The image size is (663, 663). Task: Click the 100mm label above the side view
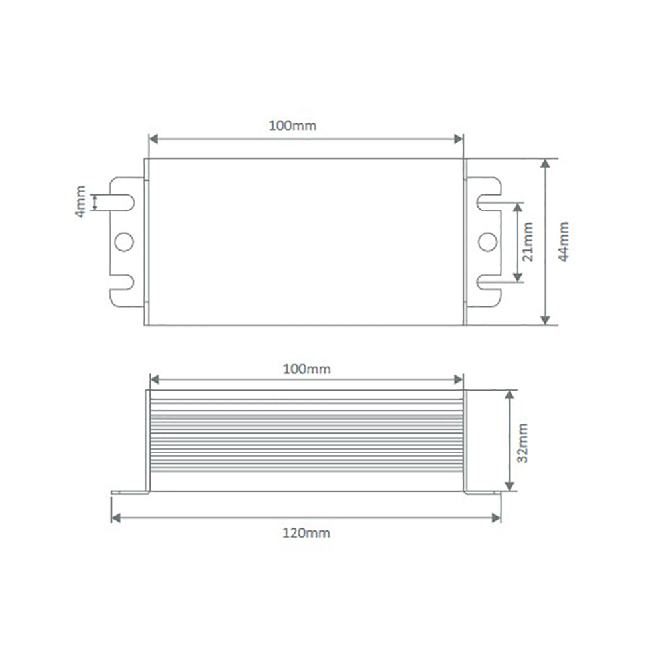point(306,369)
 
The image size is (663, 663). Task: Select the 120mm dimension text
point(306,532)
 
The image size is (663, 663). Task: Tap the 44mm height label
point(564,242)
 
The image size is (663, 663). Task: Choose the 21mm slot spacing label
point(528,242)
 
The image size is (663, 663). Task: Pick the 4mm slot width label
point(80,202)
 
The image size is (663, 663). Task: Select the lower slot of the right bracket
point(485,284)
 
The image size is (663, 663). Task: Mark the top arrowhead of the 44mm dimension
point(545,163)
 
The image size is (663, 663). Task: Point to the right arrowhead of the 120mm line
point(497,518)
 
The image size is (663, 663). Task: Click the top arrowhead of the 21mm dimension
point(517,205)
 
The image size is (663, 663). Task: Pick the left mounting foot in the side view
point(129,492)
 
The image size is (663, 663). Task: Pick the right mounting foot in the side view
point(483,492)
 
